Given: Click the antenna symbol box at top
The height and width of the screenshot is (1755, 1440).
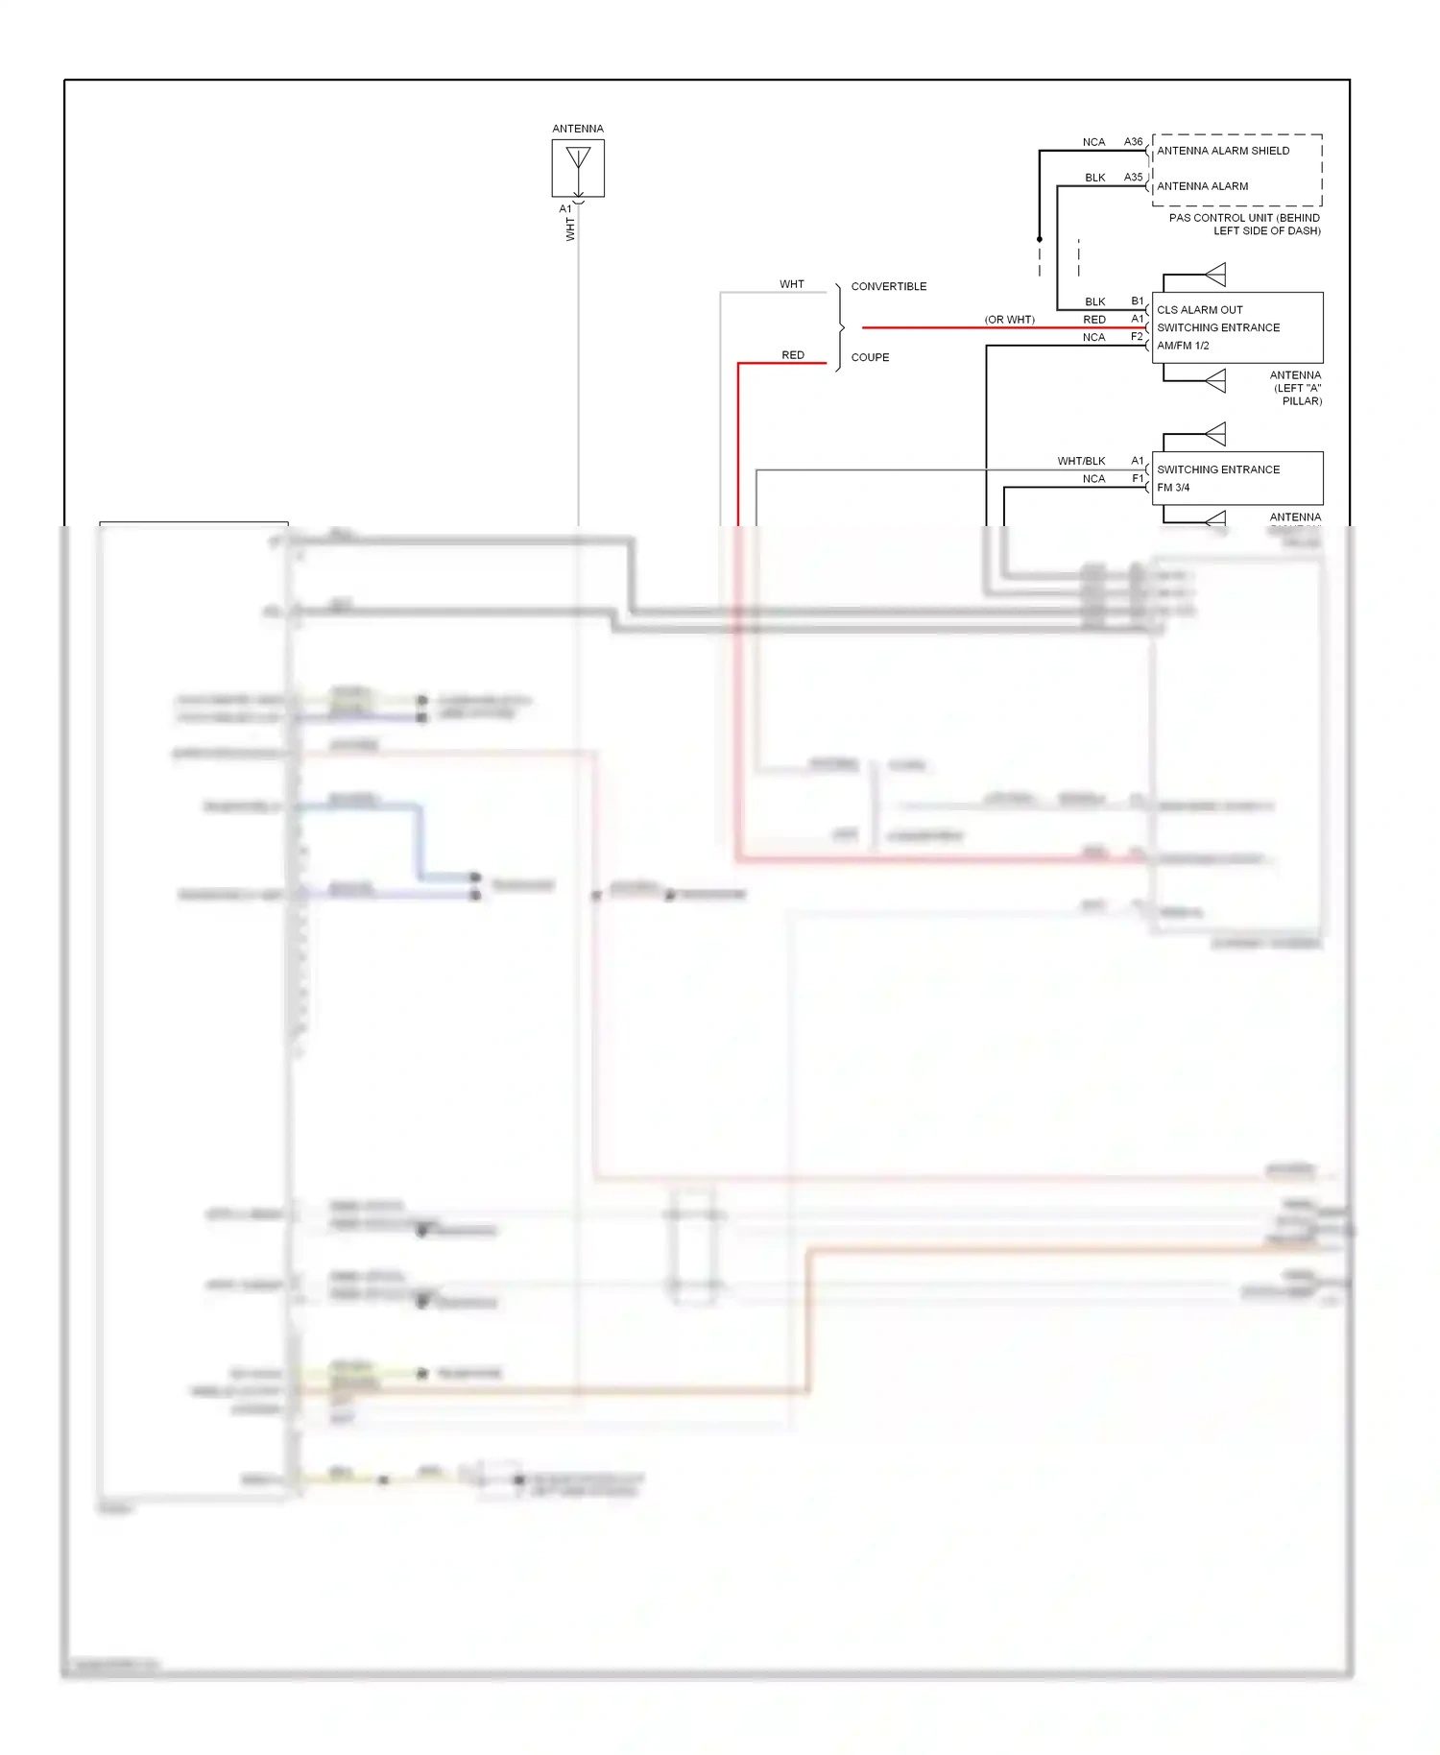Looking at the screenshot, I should point(578,168).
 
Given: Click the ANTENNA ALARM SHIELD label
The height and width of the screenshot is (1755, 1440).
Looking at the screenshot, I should point(1222,151).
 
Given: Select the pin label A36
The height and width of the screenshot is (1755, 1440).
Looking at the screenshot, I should point(1133,142).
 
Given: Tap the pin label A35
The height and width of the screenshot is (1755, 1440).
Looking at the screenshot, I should point(1133,178).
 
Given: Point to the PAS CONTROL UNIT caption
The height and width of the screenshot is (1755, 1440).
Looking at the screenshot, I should point(1244,224).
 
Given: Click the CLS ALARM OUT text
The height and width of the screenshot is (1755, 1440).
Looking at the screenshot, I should point(1199,310).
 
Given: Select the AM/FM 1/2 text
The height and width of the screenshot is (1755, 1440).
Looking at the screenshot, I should point(1182,346).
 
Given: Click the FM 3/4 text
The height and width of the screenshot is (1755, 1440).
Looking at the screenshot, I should point(1172,488).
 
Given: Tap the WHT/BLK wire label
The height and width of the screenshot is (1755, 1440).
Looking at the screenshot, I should point(1081,461).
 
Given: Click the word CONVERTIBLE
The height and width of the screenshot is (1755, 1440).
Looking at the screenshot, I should point(888,286).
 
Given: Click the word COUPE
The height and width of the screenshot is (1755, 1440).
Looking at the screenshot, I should point(870,357).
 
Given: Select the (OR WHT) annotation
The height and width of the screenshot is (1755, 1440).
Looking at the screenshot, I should point(1009,320).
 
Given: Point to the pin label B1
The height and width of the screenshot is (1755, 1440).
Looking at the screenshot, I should point(1137,301).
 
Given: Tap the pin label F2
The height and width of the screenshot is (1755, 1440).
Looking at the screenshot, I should point(1137,337).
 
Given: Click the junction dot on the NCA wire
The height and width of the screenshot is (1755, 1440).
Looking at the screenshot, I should point(1039,239).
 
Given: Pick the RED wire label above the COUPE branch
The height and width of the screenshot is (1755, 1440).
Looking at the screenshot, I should point(792,355).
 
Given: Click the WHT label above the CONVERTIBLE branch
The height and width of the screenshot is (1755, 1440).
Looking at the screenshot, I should point(791,284).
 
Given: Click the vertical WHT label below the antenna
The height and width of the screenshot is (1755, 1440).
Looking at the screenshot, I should point(570,228).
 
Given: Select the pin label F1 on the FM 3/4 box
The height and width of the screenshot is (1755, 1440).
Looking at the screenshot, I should point(1137,478).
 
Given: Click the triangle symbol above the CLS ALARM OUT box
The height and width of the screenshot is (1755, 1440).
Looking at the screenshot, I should point(1215,275).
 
